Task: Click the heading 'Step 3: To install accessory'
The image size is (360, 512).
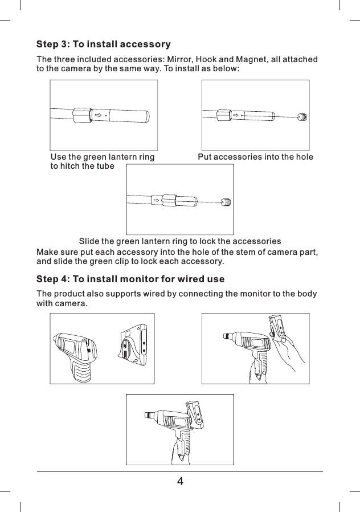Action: tap(104, 44)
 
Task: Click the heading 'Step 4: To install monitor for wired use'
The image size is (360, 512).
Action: tap(130, 279)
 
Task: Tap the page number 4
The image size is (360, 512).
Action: tap(180, 481)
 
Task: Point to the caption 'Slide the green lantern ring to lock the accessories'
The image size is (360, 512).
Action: tap(179, 241)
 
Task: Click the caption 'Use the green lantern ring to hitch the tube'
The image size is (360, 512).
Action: tap(103, 161)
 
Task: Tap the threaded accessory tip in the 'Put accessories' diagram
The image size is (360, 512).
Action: tap(302, 117)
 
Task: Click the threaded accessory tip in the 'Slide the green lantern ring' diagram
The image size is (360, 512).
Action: tap(227, 202)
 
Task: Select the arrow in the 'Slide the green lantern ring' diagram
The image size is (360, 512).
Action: tap(156, 201)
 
